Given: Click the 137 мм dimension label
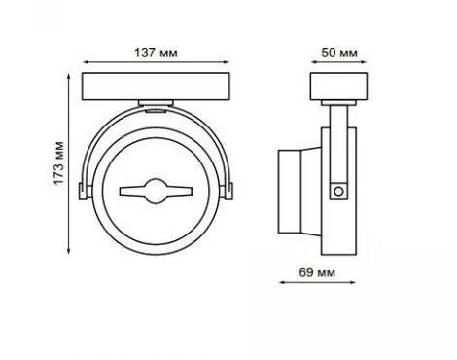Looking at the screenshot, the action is click(x=156, y=53).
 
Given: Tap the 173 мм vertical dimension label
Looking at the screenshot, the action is click(x=59, y=163).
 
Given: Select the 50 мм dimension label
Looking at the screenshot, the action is click(x=339, y=53).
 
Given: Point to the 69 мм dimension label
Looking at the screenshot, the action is click(x=317, y=272).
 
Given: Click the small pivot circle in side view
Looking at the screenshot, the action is click(x=338, y=192).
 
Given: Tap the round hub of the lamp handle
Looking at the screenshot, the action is click(x=156, y=192).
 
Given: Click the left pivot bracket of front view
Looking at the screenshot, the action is click(x=83, y=192).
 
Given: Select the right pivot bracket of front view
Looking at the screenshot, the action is click(x=228, y=192).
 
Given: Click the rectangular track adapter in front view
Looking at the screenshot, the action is click(x=156, y=87).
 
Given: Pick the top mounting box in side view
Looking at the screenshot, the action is click(x=338, y=87).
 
